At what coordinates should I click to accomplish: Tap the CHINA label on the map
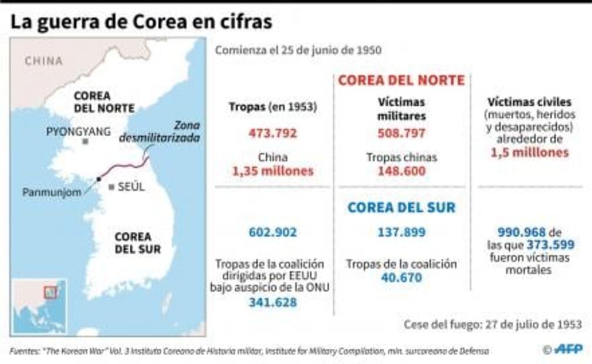click(x=43, y=61)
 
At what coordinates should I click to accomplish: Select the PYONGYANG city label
click(x=78, y=132)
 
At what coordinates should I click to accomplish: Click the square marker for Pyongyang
click(x=86, y=142)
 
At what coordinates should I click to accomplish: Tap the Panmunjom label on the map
click(x=52, y=192)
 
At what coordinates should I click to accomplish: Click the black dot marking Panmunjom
click(x=99, y=179)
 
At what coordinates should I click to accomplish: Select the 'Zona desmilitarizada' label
click(x=160, y=132)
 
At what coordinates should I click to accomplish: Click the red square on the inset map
click(x=50, y=291)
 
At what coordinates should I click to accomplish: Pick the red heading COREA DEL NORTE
click(x=401, y=80)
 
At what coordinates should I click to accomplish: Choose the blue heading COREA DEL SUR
click(x=401, y=208)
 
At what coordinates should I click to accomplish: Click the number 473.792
click(x=272, y=133)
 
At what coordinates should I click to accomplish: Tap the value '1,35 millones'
click(x=272, y=171)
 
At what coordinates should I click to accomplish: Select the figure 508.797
click(x=401, y=133)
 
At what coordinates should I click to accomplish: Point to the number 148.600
click(x=401, y=171)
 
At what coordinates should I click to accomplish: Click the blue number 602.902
click(x=272, y=232)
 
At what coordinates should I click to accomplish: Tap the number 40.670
click(x=401, y=277)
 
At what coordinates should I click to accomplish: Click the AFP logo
click(x=567, y=349)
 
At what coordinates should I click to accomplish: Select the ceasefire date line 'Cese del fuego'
click(x=493, y=324)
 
